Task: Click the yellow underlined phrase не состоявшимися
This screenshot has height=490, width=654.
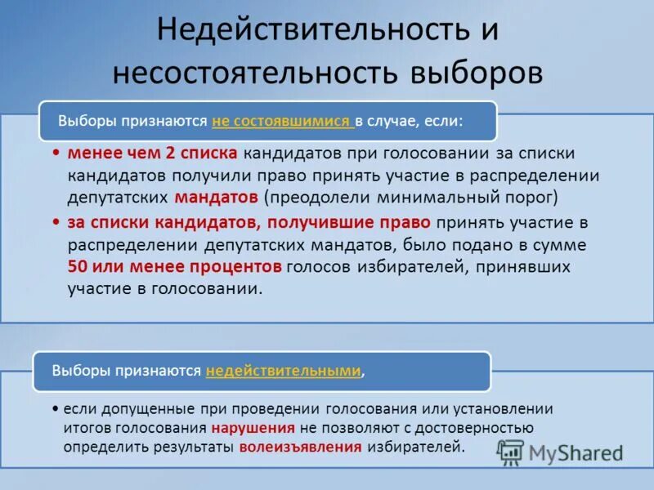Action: click(282, 122)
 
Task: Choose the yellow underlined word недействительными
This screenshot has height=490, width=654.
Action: click(284, 371)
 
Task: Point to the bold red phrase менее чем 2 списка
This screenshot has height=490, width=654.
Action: click(153, 154)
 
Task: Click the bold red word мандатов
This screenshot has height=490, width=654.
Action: click(217, 197)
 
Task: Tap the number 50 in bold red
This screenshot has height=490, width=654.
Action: click(78, 266)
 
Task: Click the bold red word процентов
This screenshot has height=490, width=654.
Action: click(239, 266)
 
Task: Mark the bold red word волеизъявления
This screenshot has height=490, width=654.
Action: click(300, 447)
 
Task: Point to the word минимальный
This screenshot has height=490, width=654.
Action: click(433, 197)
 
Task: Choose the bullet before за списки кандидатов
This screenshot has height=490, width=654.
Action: click(56, 222)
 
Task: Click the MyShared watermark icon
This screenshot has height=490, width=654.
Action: click(512, 451)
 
